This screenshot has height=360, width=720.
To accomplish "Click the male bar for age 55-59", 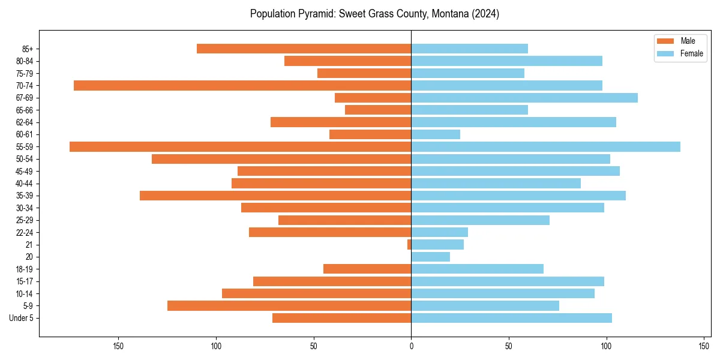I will click(240, 146).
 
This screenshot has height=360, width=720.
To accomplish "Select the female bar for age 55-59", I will click(545, 146).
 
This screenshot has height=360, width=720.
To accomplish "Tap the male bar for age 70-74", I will click(242, 85).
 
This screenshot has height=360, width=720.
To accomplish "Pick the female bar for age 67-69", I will click(524, 98).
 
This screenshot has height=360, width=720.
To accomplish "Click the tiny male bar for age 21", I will click(409, 244).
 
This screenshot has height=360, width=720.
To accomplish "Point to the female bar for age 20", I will click(430, 257).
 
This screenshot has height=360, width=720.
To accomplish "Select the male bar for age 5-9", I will click(289, 306).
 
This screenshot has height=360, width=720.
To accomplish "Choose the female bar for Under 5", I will click(511, 318).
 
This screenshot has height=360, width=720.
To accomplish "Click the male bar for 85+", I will click(304, 49).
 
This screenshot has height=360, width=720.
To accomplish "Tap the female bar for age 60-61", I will click(436, 134).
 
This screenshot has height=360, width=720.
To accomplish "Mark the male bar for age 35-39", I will click(275, 196).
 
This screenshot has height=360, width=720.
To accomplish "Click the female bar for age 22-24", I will click(439, 232).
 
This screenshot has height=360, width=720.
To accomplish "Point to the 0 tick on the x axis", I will click(411, 346).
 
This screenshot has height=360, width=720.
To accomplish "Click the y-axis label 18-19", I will click(25, 269).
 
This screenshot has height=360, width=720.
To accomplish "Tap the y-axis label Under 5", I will click(21, 318).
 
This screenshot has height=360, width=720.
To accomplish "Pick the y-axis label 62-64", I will click(25, 122).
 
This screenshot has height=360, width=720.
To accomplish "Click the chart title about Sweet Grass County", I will click(374, 14).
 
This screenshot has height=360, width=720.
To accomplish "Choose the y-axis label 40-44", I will click(25, 184).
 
